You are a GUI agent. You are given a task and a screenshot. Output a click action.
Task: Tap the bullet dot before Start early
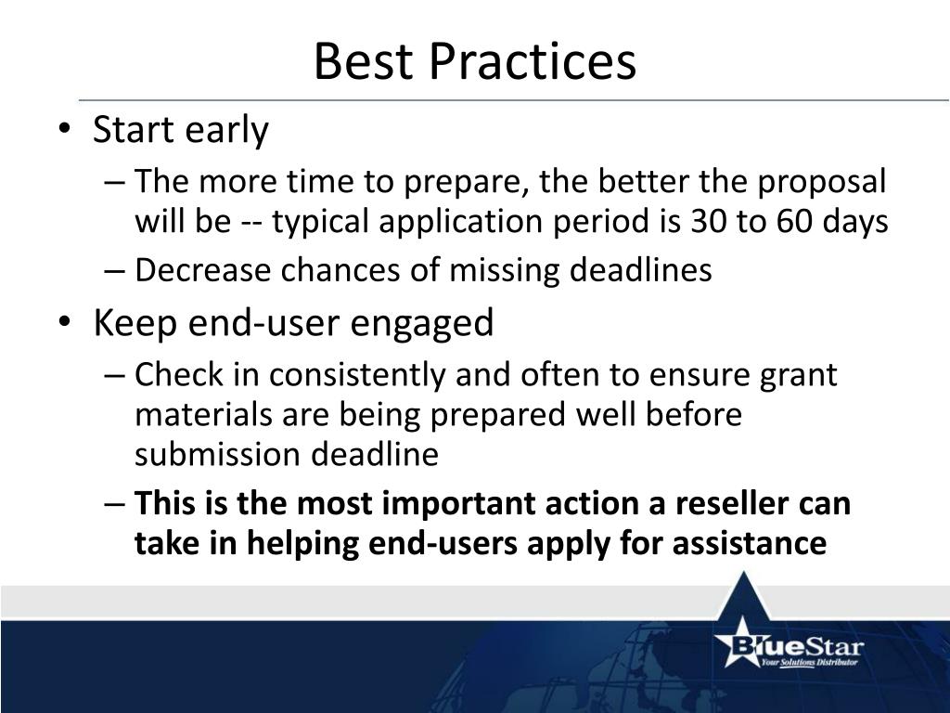[65, 129]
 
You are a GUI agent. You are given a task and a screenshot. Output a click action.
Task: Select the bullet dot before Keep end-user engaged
[65, 322]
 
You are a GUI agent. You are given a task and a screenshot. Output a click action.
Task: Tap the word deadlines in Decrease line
[641, 270]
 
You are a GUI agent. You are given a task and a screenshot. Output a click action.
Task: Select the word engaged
[422, 323]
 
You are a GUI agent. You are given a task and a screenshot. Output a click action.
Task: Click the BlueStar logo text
[797, 645]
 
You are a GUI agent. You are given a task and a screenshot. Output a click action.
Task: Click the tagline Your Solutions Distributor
[809, 662]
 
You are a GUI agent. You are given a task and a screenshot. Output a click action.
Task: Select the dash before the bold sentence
[114, 504]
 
